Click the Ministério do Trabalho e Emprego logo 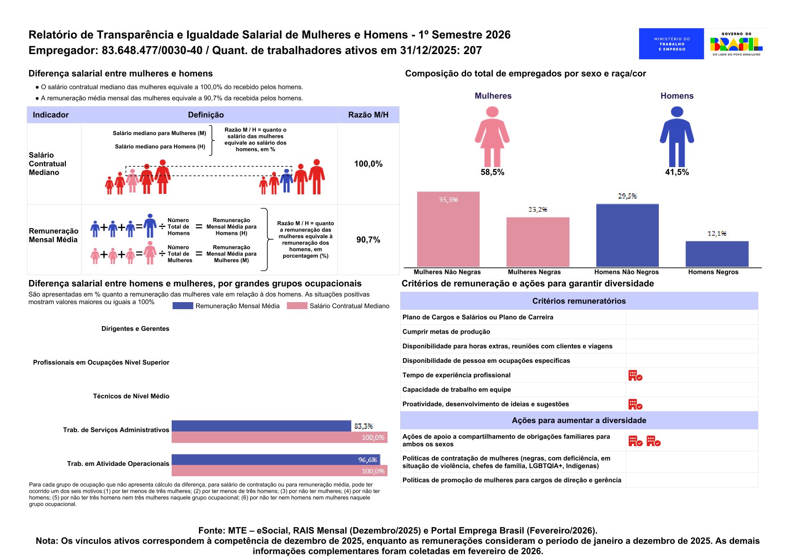[671, 44]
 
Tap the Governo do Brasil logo [736, 44]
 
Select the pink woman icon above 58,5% [492, 136]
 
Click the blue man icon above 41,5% [677, 136]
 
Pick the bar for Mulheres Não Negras [448, 230]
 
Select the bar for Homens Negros [717, 254]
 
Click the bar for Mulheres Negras [538, 242]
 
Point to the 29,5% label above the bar [627, 196]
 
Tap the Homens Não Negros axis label [626, 272]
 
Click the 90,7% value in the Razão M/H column [368, 240]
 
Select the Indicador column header [51, 115]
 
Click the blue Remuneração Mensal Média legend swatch [182, 306]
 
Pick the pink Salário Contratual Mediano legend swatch [297, 306]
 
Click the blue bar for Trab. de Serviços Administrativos [261, 426]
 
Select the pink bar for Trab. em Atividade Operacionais [279, 471]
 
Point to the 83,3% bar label [364, 426]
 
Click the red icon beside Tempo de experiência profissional [635, 376]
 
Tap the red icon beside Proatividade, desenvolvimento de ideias [635, 404]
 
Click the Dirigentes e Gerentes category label [135, 329]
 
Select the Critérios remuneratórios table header [579, 301]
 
